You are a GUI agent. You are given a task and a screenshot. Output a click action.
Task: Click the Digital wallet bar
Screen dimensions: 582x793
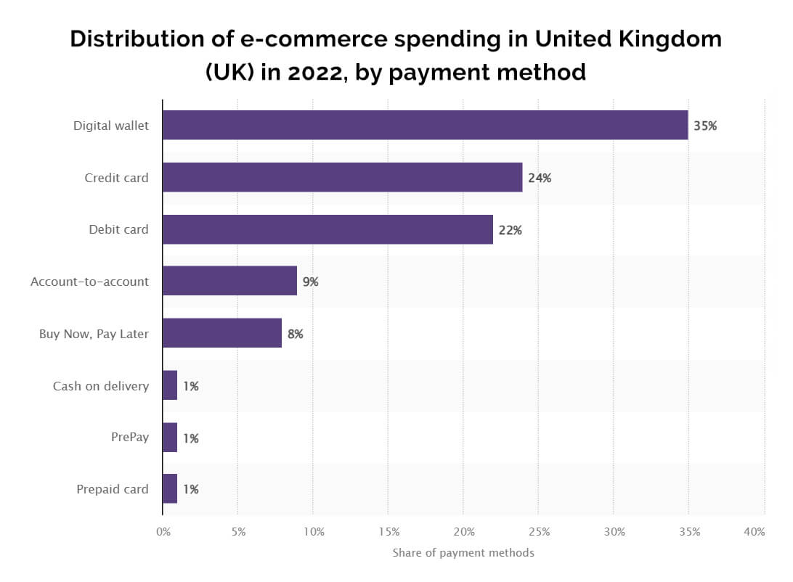pos(425,125)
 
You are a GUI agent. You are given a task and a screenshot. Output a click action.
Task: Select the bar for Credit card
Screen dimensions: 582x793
pos(342,177)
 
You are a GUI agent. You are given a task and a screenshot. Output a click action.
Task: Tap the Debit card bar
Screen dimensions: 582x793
pos(328,229)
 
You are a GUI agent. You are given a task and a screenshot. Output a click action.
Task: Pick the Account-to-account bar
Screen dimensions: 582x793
pos(229,281)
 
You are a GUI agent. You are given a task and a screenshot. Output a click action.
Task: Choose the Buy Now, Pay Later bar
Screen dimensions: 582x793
pos(222,333)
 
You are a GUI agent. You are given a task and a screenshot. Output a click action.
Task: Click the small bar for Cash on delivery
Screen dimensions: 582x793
pos(170,385)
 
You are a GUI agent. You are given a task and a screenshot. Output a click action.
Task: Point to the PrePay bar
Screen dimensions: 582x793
pos(170,438)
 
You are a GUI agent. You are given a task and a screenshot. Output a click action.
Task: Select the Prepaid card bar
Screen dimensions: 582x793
pos(170,489)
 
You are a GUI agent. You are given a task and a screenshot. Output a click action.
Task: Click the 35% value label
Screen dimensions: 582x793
pos(705,126)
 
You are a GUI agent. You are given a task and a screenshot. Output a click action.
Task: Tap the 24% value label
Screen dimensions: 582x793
pos(540,178)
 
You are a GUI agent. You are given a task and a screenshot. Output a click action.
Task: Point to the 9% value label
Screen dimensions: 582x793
pos(311,282)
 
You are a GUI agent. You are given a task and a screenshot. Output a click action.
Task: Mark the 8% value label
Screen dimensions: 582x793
pos(295,334)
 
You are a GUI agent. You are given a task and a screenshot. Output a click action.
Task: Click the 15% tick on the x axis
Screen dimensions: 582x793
pos(389,532)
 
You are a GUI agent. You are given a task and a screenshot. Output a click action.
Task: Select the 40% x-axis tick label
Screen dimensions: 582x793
pos(755,532)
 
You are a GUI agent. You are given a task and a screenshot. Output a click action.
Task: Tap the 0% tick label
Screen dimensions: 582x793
pos(163,532)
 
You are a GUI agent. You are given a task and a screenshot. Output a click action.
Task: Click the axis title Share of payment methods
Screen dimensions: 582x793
pos(463,553)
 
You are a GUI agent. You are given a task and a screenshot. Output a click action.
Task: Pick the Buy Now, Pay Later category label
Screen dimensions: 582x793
pos(94,334)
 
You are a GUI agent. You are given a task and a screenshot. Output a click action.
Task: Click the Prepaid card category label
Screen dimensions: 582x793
pos(113,489)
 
